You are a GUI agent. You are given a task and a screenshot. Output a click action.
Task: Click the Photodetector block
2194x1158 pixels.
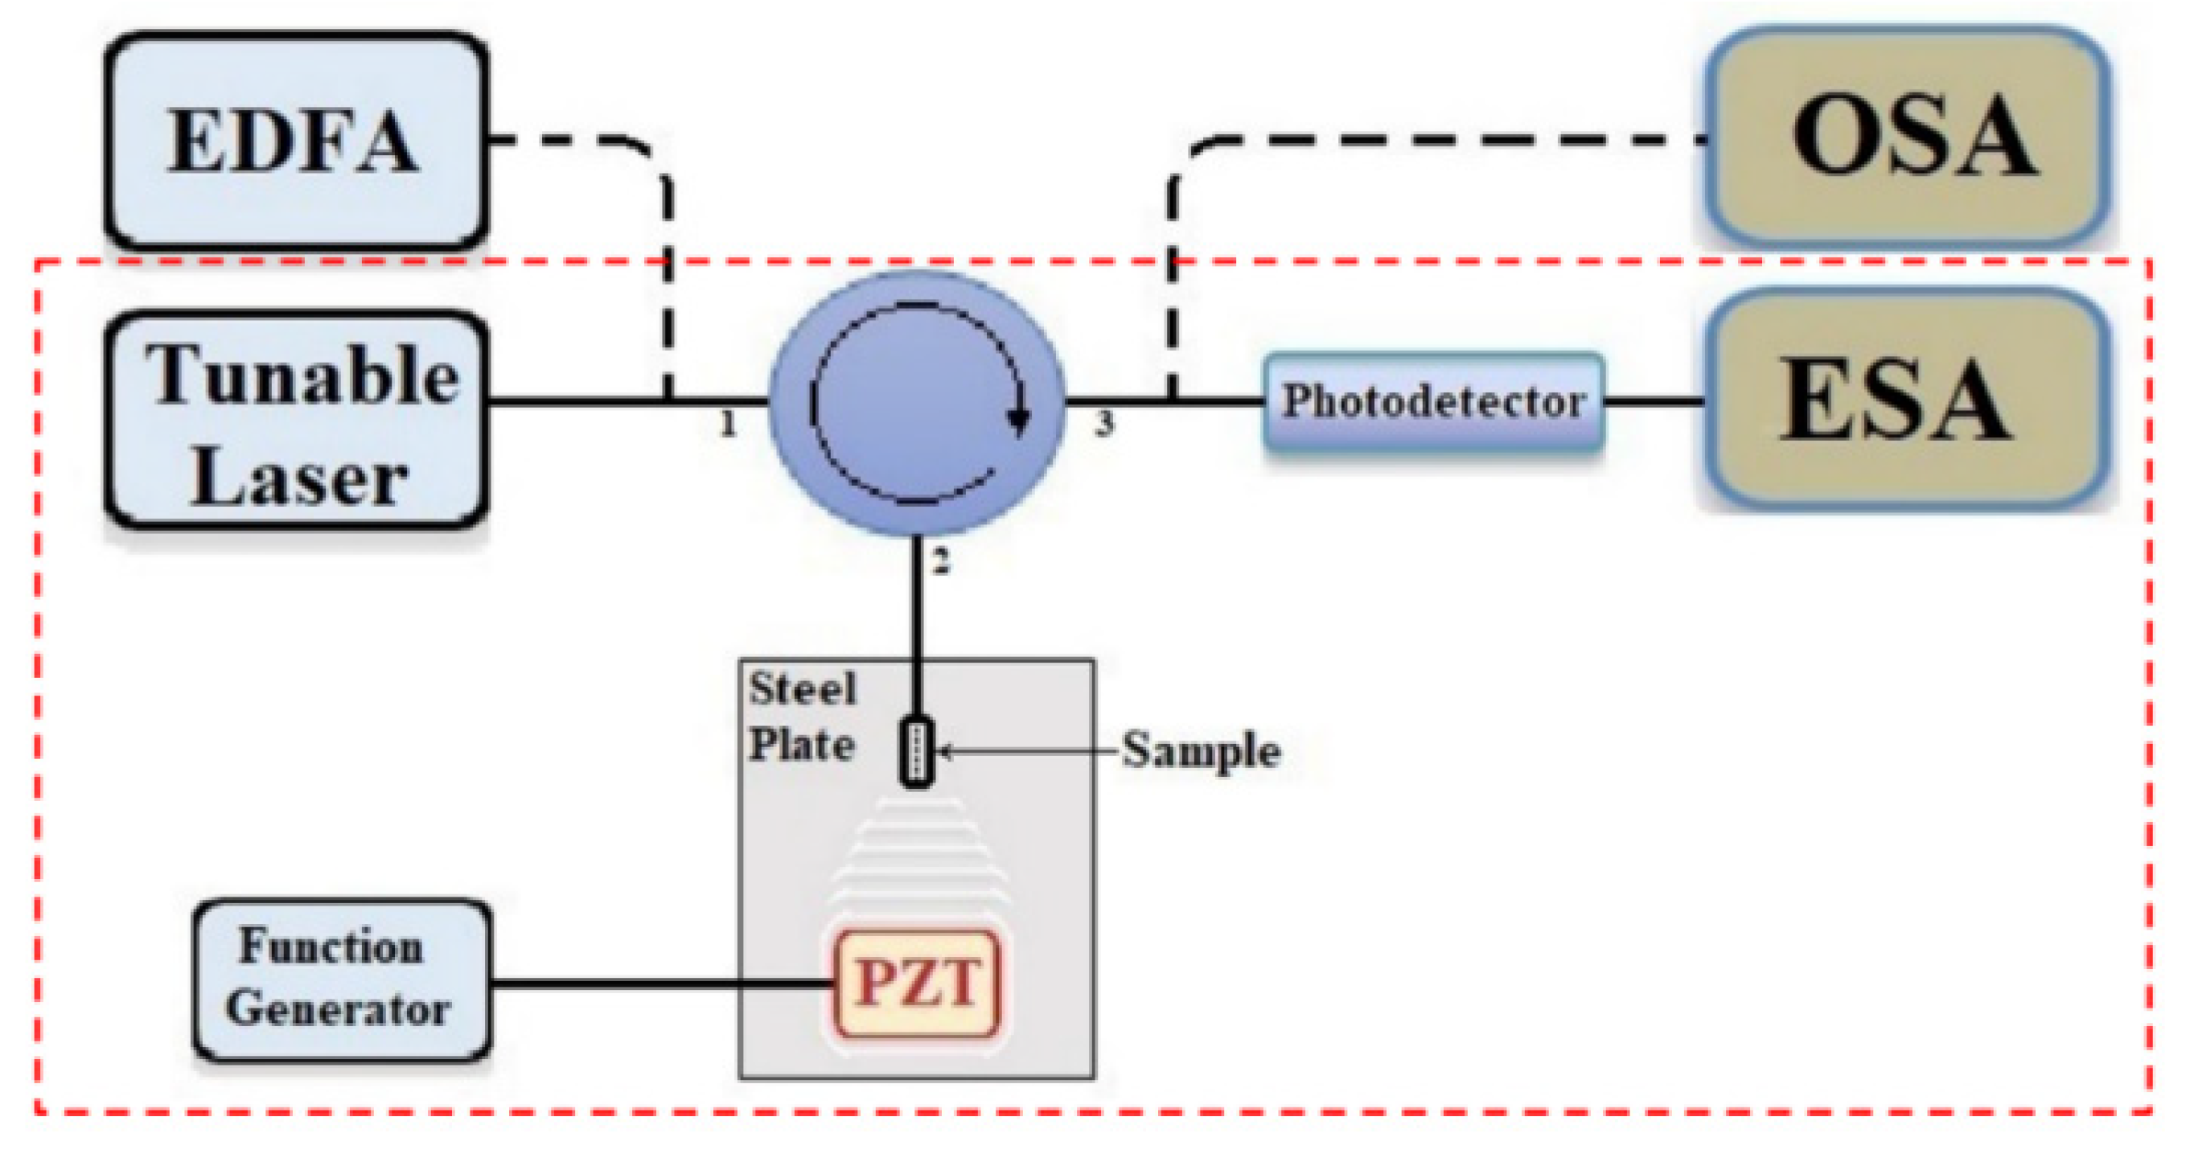pos(1433,401)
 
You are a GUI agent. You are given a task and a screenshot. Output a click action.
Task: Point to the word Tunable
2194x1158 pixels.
pos(302,376)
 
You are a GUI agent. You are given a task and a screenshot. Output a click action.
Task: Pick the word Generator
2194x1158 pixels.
pos(338,1009)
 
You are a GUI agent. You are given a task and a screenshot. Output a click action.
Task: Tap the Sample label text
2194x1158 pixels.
pos(1201,751)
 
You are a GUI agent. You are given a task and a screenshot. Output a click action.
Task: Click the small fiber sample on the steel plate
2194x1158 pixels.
pos(918,752)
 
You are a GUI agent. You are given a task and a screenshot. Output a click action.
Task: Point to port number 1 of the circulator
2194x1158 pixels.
pos(727,423)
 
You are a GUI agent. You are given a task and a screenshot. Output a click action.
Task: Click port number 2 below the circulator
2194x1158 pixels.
pos(940,562)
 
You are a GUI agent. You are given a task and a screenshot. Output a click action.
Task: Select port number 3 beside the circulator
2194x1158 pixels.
pos(1103,423)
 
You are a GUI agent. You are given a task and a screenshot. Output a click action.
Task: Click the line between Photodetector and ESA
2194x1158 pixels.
pos(1654,400)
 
